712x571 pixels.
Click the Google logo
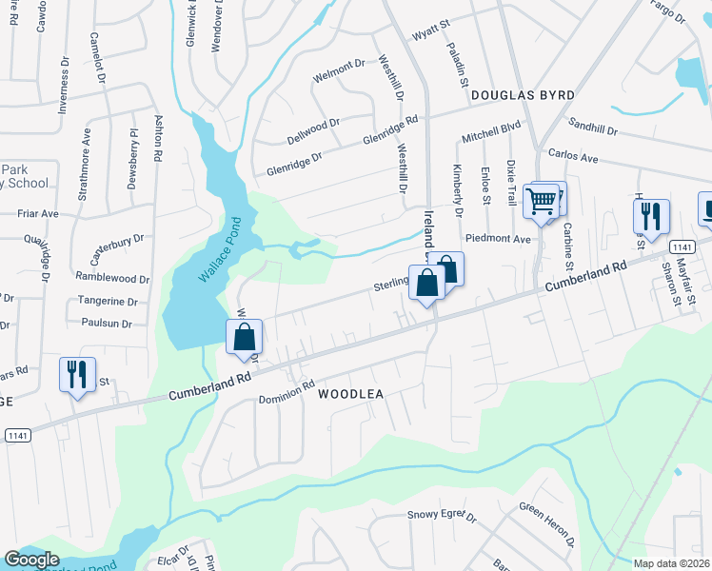pos(31,560)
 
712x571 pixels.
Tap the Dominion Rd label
pos(287,392)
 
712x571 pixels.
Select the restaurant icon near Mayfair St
pos(652,216)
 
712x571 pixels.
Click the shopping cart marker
pos(542,202)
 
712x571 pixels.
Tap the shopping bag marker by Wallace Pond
pos(245,336)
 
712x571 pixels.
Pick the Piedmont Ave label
pos(497,239)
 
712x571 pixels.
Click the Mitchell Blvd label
pos(491,131)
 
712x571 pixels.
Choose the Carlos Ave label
pos(571,156)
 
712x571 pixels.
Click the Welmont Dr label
pos(340,66)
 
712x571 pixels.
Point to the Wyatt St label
pos(429,36)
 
